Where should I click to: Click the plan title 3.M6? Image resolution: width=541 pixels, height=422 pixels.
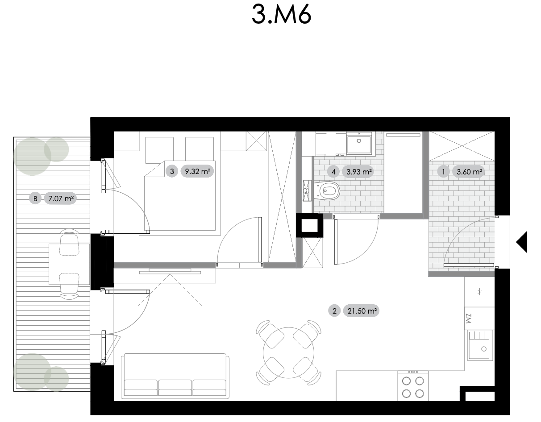pos(281,14)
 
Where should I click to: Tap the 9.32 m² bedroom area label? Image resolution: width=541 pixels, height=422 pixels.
pos(197,171)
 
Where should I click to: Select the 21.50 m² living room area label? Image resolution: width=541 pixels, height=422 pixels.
pos(362,311)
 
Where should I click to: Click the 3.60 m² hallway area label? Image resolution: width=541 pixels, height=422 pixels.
pos(469,172)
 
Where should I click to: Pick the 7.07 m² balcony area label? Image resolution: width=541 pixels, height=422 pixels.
pos(61,199)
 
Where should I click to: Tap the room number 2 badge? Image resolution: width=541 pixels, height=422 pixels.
pos(334,311)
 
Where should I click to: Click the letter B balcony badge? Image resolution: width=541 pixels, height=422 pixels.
pos(35,199)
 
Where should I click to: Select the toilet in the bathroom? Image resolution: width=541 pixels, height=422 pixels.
pos(326,191)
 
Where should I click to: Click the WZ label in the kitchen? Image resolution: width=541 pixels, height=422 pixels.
pos(469,319)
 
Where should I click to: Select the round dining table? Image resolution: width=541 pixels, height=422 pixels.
pos(288,352)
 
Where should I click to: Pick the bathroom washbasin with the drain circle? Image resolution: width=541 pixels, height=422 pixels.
pos(359,143)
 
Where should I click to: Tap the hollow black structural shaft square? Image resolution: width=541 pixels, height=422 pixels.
pos(309,225)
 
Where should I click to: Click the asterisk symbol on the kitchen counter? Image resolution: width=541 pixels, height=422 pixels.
pos(479,292)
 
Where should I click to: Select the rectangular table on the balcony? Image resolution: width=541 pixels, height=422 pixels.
pos(69,264)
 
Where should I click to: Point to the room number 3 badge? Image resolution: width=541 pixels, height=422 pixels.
pos(172,171)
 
